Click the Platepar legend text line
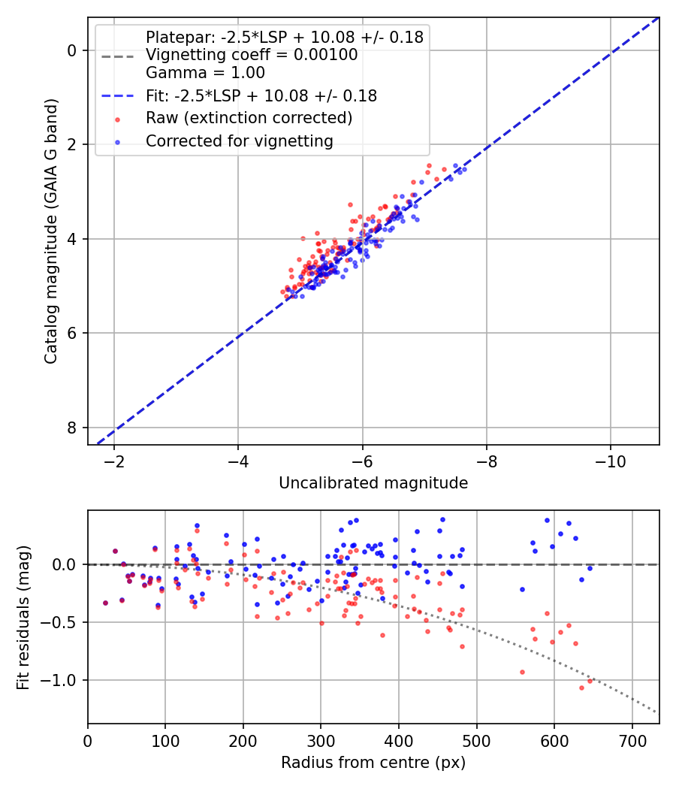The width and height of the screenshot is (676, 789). click(x=285, y=38)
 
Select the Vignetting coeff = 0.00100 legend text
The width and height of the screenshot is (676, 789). click(x=252, y=55)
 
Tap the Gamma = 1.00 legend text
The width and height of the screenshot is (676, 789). click(x=205, y=72)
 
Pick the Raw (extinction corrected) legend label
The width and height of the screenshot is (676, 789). click(x=249, y=118)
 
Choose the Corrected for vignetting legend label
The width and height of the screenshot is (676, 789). click(x=240, y=141)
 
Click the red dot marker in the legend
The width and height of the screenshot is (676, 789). click(x=118, y=119)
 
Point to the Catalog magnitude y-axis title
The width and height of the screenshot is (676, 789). click(x=51, y=231)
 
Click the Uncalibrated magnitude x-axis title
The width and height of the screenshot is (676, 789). click(x=373, y=483)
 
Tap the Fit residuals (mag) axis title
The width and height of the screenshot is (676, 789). click(x=23, y=618)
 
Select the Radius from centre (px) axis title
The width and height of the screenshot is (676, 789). click(x=373, y=763)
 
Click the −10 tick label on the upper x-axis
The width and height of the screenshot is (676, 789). click(x=610, y=462)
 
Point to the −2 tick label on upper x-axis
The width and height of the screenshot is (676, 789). click(x=113, y=462)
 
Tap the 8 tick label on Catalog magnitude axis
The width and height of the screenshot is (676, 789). click(x=72, y=428)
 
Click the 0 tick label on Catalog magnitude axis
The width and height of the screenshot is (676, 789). click(x=72, y=51)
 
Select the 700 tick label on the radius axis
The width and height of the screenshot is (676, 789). click(x=632, y=741)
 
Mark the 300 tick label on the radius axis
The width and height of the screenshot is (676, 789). click(x=321, y=741)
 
